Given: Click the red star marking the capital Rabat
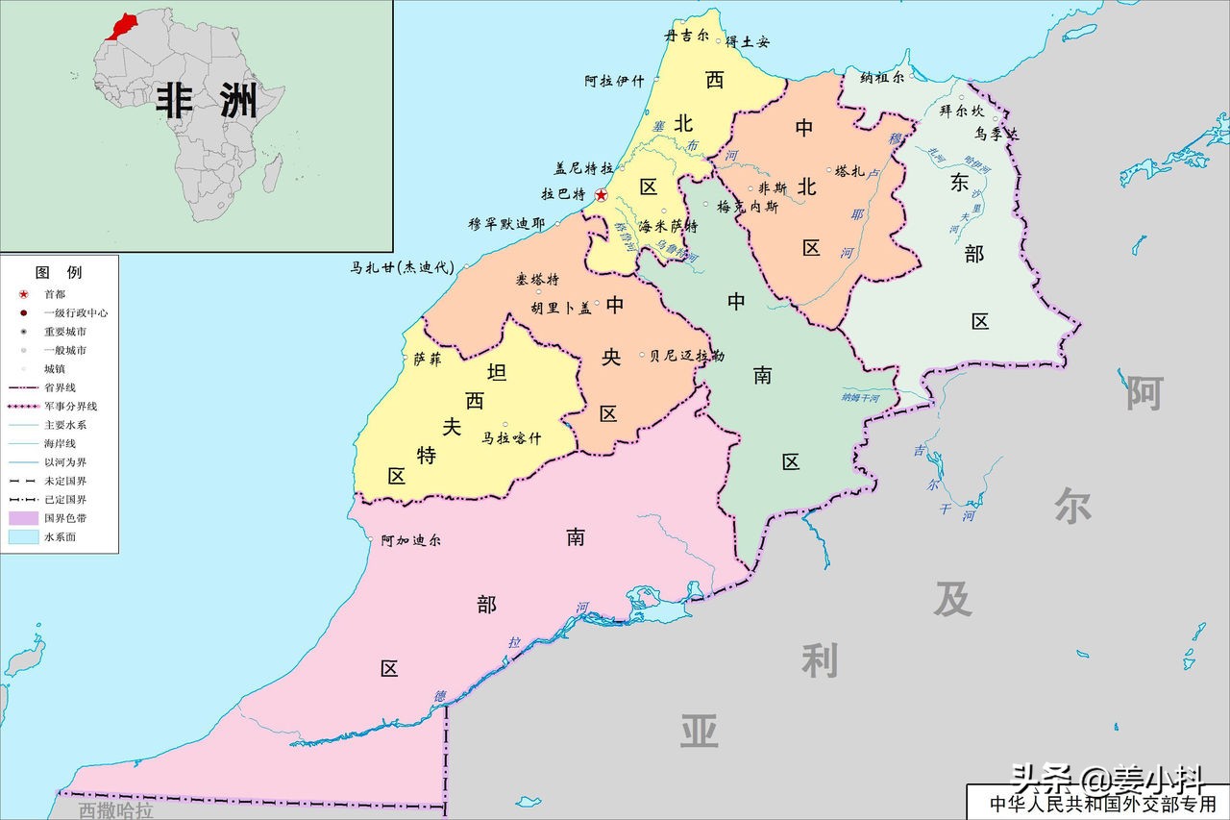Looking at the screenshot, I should click(602, 195).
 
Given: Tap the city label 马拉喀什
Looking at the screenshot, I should click(511, 438).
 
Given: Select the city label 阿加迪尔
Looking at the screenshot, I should click(410, 540).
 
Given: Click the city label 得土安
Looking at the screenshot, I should click(747, 41).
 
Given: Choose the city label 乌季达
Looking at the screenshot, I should click(995, 135).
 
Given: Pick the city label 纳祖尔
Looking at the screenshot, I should click(882, 78).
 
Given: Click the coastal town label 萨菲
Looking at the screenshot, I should click(427, 360).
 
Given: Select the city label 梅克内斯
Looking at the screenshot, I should click(748, 207).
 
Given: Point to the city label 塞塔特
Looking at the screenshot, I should click(537, 280).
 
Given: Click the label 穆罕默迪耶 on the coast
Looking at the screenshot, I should click(505, 224).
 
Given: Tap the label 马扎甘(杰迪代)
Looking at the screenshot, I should click(401, 268).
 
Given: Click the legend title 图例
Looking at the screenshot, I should click(59, 273).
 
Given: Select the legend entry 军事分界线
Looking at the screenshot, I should click(68, 406).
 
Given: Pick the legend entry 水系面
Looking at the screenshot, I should click(60, 536).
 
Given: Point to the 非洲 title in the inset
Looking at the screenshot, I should click(207, 100).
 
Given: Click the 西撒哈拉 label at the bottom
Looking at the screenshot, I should click(115, 810).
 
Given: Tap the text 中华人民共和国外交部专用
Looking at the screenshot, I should click(1102, 803).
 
